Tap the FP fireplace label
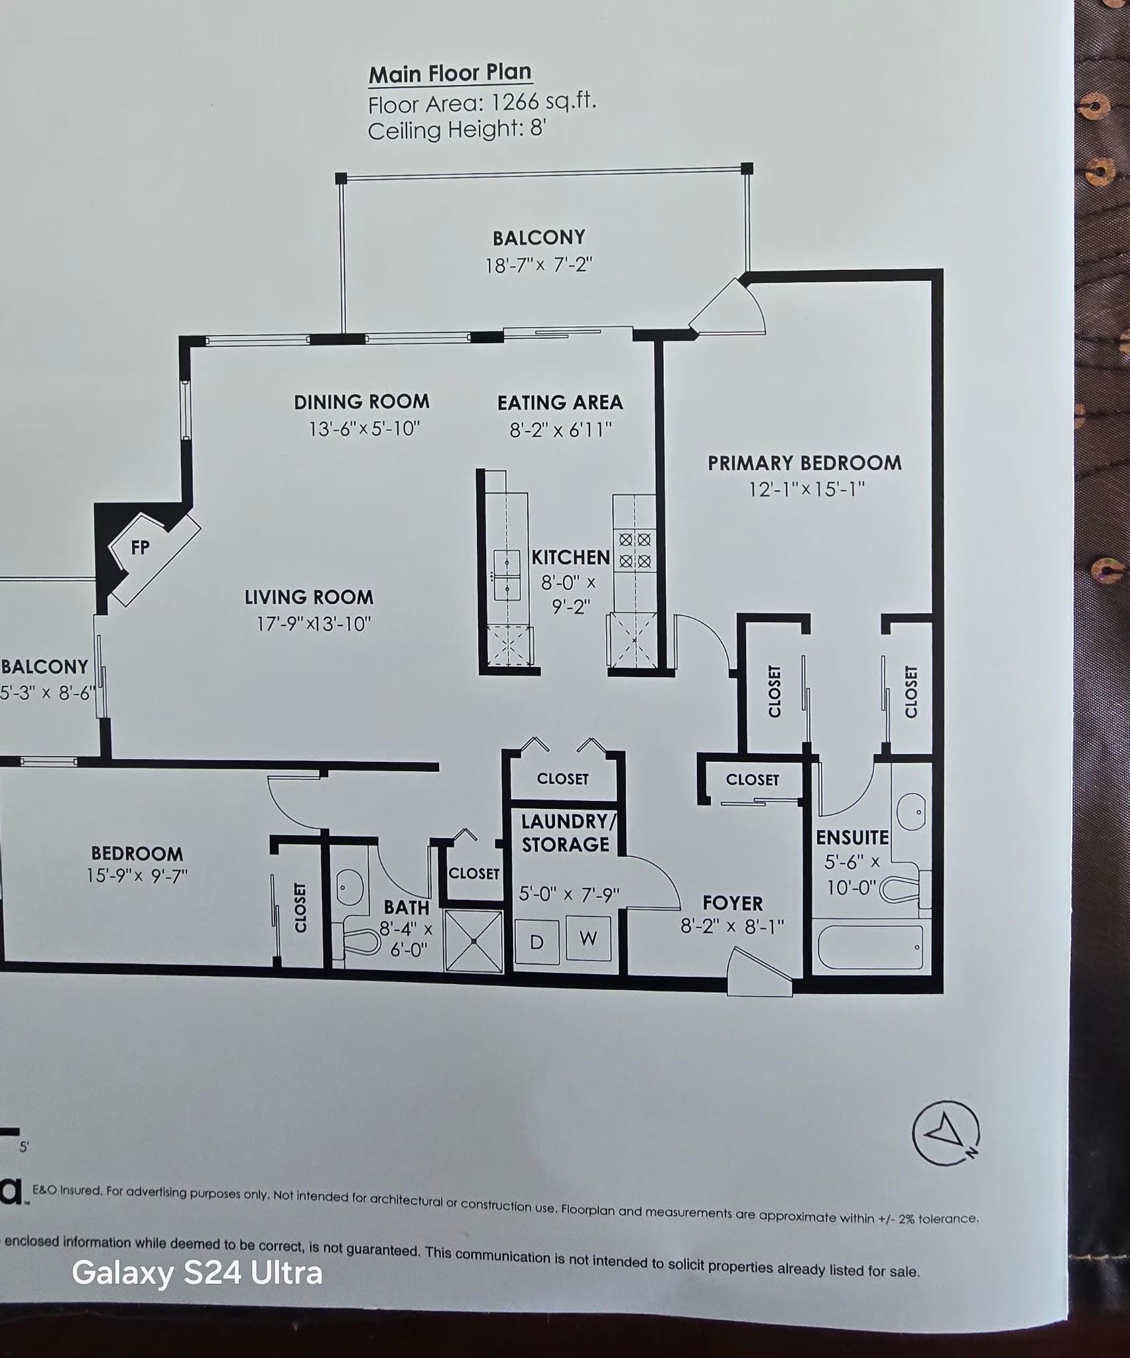(x=140, y=547)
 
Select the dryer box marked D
(x=536, y=942)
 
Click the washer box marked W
(x=588, y=938)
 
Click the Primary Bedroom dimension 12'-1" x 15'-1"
(x=807, y=489)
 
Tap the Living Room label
(x=309, y=597)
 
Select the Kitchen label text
(x=571, y=558)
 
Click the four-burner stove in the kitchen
(x=635, y=550)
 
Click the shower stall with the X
(x=473, y=942)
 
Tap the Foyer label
(x=733, y=903)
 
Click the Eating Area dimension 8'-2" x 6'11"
(x=560, y=430)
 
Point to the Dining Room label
(x=361, y=402)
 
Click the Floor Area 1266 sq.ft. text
(x=482, y=103)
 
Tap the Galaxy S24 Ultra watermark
(x=197, y=1273)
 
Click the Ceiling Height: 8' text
(x=457, y=129)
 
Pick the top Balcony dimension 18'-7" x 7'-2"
(x=538, y=265)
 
